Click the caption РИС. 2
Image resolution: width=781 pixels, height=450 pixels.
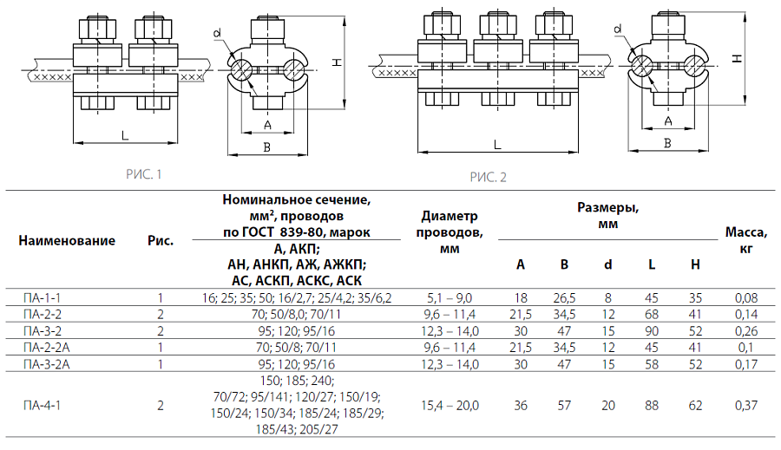pyautogui.click(x=488, y=178)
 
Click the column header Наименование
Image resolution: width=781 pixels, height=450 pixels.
pyautogui.click(x=66, y=240)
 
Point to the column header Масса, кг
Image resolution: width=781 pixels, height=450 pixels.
pyautogui.click(x=745, y=240)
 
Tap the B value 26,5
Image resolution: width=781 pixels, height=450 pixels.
pyautogui.click(x=564, y=297)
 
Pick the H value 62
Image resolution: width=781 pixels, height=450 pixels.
pyautogui.click(x=695, y=405)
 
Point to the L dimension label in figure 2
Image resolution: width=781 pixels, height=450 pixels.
pyautogui.click(x=496, y=144)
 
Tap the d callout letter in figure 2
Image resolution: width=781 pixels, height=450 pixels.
pyautogui.click(x=619, y=29)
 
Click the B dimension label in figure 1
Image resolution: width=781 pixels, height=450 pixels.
pyautogui.click(x=267, y=147)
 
